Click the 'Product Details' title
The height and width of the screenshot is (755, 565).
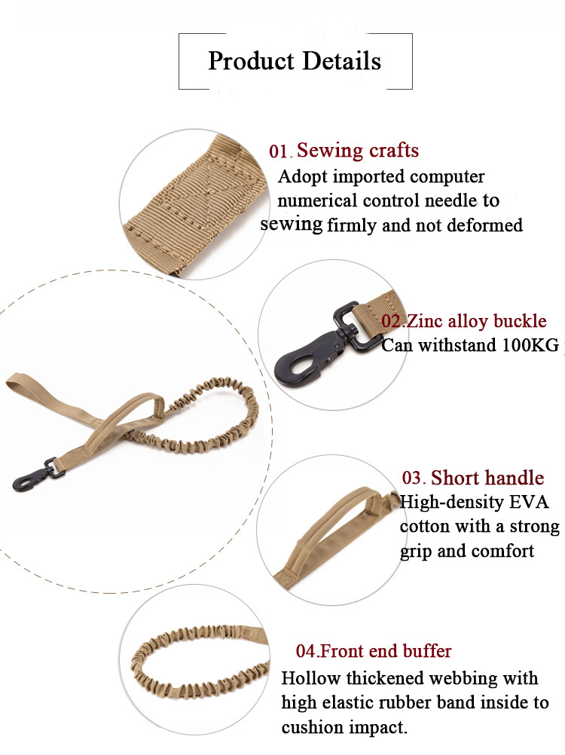pos(295,61)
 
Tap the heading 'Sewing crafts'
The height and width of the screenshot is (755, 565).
pos(357,151)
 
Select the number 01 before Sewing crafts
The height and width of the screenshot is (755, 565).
pos(279,151)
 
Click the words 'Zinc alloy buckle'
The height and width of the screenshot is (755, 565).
pos(476,321)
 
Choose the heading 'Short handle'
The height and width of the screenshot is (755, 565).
pos(487,478)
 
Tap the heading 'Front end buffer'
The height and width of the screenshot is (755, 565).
pos(386,650)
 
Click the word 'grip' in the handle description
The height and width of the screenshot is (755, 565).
pos(417,551)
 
